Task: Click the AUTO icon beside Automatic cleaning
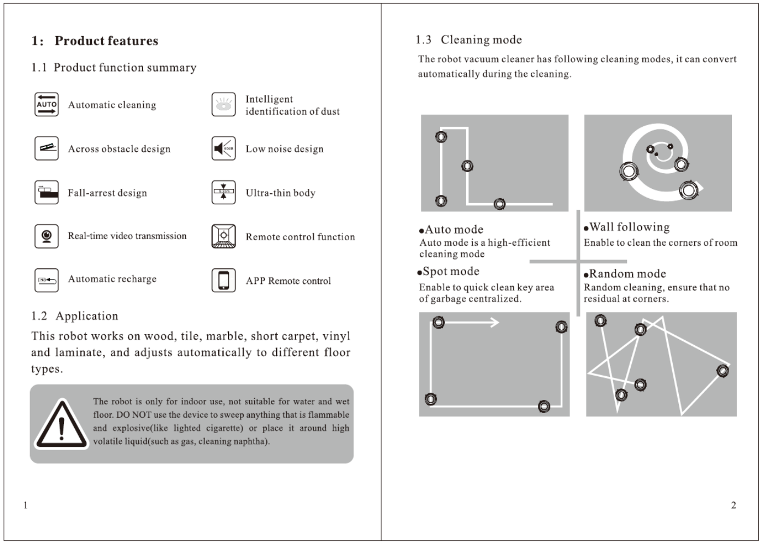point(46,104)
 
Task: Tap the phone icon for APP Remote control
point(224,280)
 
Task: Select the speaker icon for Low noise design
point(224,149)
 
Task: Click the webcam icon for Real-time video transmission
point(46,236)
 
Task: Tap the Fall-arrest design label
point(107,193)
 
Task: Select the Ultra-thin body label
point(280,193)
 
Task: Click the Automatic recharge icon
point(46,280)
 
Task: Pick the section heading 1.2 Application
point(75,316)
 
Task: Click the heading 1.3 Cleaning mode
point(469,40)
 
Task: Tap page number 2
point(733,505)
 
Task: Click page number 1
point(25,505)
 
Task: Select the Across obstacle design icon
point(46,149)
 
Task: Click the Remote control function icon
point(224,236)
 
